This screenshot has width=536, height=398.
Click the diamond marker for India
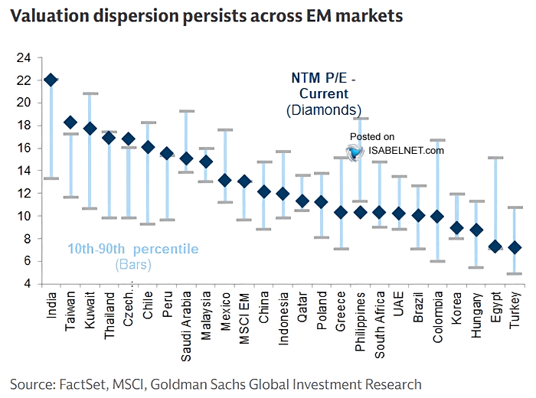tap(51, 80)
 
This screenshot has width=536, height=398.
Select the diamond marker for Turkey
tap(515, 248)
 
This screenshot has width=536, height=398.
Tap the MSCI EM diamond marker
tap(244, 181)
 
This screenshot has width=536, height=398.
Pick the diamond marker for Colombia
tap(437, 217)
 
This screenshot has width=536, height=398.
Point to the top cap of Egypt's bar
tap(495, 158)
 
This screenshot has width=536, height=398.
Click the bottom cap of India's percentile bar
tap(51, 178)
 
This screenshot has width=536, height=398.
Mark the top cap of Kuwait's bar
tap(90, 93)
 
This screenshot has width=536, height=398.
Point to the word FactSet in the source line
tap(85, 383)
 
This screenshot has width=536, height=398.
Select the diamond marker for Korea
tap(457, 228)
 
